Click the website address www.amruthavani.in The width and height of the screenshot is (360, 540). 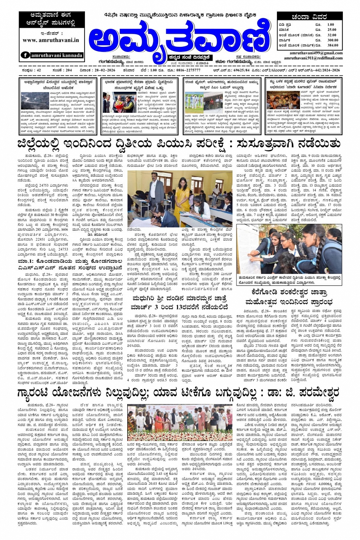pyautogui.click(x=51, y=40)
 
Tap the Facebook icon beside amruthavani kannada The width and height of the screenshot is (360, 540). pyautogui.click(x=26, y=55)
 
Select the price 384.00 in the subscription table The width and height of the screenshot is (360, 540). pyautogui.click(x=332, y=45)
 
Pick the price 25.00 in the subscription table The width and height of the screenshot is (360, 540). pyautogui.click(x=331, y=30)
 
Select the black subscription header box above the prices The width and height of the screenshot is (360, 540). pyautogui.click(x=309, y=17)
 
